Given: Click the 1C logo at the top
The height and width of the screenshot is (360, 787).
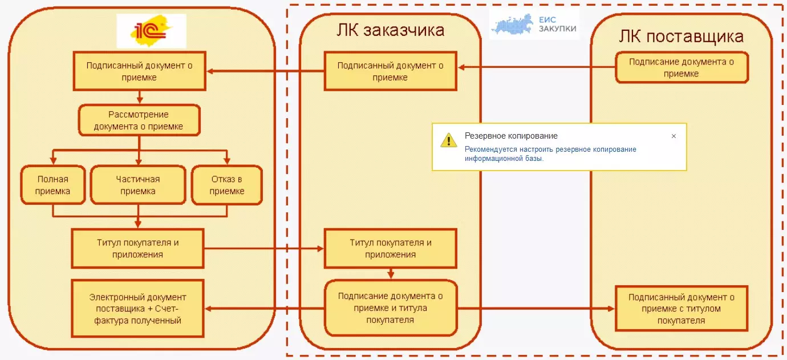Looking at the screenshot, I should pos(151,31).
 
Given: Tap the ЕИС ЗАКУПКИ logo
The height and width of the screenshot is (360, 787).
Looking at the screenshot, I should pos(534,24).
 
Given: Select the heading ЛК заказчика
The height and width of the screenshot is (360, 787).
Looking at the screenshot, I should pos(390,30).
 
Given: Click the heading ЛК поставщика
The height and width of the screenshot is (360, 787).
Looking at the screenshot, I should pos(681,37).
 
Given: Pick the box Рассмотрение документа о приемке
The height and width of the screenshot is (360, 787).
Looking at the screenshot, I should pos(139,120).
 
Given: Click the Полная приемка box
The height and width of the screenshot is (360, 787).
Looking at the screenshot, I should pos(52,185).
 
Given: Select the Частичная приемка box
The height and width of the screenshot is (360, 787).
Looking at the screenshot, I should pos(138,185).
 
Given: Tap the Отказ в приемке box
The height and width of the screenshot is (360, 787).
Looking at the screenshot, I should pos(227,185).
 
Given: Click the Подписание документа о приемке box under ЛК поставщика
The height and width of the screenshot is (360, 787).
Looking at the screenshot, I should pos(681,67).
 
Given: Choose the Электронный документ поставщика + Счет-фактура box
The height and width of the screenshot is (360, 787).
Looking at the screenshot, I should pos(138,309).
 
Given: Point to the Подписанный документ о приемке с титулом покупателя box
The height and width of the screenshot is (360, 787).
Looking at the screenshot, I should pos(681,309).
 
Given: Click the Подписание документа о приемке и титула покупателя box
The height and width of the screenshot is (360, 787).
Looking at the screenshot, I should pos(390,308).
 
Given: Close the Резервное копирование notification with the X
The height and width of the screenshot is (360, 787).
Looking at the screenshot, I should pos(674,136).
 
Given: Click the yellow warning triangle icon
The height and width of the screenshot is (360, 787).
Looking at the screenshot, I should pos(449,140).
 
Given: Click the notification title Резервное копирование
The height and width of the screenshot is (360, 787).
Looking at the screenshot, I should pos(511,136).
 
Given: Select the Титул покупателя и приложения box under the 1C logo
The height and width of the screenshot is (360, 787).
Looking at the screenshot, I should pos(138,248).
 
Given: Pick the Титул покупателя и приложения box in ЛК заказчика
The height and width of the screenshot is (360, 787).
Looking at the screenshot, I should pos(390,248).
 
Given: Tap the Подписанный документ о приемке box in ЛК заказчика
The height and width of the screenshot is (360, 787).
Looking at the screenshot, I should pos(390,71).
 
